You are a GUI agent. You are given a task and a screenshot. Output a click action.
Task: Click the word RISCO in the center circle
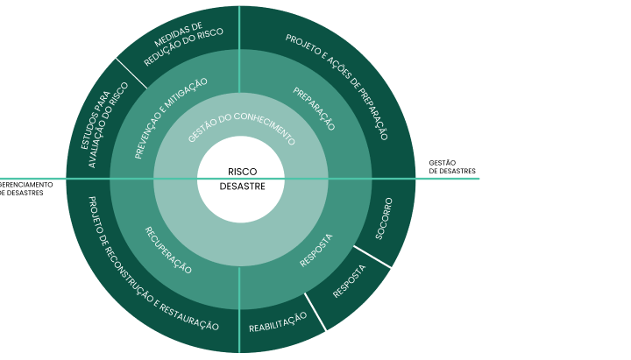242,172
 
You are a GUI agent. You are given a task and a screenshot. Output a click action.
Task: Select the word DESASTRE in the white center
242,187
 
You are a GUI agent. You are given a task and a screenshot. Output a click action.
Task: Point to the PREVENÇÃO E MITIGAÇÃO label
170,118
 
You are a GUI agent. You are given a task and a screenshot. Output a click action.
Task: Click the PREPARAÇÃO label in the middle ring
314,109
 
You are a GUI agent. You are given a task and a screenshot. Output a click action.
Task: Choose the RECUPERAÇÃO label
168,250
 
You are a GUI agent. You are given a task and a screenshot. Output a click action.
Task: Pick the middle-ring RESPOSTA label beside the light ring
316,251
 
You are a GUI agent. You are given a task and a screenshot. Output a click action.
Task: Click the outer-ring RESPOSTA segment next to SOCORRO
350,281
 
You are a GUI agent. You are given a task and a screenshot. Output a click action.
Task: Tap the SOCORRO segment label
384,218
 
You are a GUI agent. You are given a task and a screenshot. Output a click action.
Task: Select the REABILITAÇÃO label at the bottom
278,322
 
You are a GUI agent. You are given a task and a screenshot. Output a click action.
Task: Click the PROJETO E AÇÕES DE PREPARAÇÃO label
337,87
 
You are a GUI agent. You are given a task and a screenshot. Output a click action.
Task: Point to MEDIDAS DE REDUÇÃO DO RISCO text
183,44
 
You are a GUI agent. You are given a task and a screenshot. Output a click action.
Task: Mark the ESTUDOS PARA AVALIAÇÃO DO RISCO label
104,124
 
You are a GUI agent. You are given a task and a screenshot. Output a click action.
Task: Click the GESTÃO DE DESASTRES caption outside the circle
452,167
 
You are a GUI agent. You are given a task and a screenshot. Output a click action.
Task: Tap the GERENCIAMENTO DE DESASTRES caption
25,188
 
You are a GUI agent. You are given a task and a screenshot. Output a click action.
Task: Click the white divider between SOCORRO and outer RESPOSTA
372,257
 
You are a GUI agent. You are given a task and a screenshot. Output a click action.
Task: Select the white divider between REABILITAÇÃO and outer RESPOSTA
315,312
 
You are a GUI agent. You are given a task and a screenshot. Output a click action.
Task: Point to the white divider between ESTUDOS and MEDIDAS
131,74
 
